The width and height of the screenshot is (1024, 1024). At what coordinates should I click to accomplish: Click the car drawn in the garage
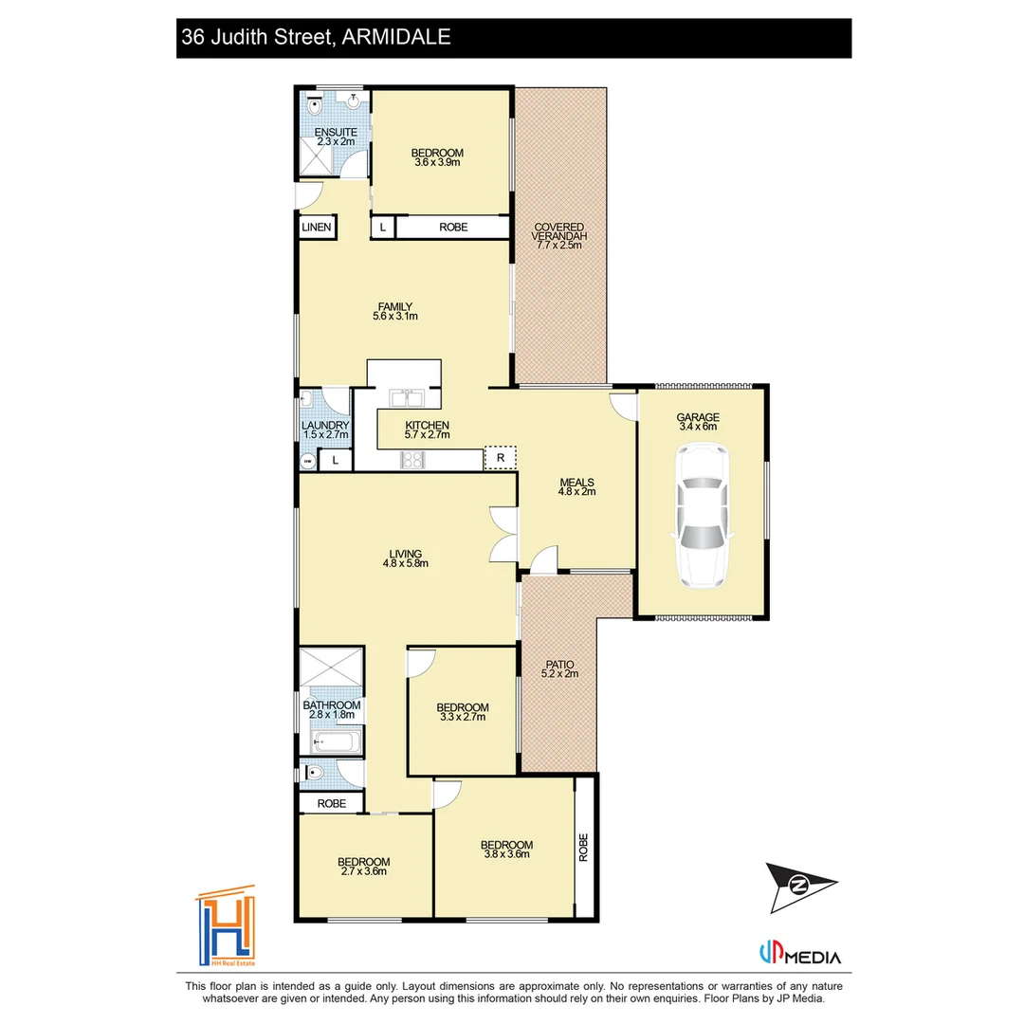coord(702,515)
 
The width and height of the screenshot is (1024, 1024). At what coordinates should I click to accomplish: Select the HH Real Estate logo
coord(226,926)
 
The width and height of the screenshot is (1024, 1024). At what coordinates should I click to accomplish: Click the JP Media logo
coord(800,954)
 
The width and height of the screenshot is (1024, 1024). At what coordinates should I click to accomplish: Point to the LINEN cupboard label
coord(316,228)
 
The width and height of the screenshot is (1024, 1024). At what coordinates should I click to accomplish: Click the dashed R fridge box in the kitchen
coord(501,458)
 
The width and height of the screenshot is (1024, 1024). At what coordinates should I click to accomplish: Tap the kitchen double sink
coord(406,397)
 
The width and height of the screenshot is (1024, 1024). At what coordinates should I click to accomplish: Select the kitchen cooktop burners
coord(412,460)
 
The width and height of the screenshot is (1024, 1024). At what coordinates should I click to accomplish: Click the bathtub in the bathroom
coord(337,741)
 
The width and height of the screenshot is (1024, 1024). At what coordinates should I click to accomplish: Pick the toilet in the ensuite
coord(315,105)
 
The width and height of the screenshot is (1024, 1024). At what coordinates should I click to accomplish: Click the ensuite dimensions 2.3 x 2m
coord(336,141)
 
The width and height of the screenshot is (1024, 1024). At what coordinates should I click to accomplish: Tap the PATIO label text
coord(559,664)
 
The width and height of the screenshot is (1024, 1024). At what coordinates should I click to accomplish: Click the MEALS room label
coord(576,483)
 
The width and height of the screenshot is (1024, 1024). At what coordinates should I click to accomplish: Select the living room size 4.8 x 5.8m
coord(406,563)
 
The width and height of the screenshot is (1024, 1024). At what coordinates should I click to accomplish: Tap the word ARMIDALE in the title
coord(396,37)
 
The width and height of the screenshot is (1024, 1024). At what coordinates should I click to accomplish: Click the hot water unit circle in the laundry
coord(308,461)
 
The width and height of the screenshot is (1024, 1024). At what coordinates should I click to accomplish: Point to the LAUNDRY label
coord(325,425)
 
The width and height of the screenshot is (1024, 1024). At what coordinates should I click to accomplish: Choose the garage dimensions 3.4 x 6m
coord(698,427)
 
